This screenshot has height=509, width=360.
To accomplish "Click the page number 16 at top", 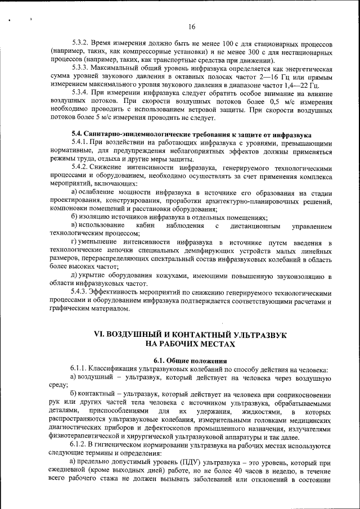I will (192, 26).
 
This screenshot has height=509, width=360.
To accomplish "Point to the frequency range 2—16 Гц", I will (287, 76).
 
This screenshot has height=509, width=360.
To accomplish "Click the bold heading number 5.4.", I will (77, 135).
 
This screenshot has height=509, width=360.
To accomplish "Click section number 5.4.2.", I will (82, 168).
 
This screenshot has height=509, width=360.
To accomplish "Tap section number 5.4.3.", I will (82, 292).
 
